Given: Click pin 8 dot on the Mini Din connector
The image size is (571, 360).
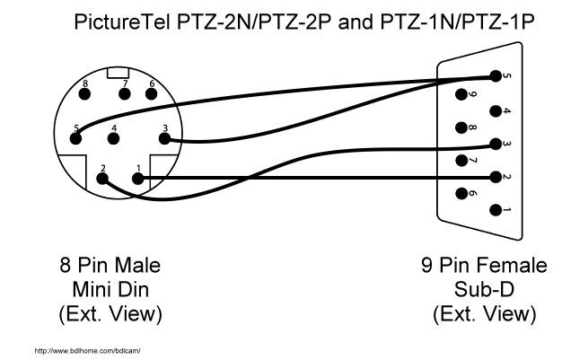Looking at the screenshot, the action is click(x=85, y=94).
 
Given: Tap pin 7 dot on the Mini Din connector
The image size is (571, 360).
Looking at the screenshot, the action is click(x=125, y=94).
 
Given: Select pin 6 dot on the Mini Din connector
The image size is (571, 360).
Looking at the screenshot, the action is click(x=151, y=94).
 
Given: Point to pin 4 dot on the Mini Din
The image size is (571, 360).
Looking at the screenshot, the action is click(x=114, y=138).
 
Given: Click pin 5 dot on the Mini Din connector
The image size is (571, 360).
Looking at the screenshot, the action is click(x=75, y=138).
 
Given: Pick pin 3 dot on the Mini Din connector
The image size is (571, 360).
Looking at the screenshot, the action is click(x=164, y=138).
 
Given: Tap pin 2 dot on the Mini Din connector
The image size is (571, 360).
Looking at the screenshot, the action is click(x=102, y=179).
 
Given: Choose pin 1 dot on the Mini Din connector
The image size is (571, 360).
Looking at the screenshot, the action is click(x=137, y=179).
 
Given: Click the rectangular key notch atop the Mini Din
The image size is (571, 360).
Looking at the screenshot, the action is click(x=118, y=73).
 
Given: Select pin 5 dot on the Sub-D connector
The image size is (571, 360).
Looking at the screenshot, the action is click(x=496, y=76).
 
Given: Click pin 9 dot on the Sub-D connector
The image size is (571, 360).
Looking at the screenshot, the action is click(x=461, y=94).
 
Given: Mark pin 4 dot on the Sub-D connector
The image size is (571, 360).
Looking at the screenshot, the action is click(x=496, y=111).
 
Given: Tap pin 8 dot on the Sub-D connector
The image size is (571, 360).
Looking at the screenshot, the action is click(x=461, y=127).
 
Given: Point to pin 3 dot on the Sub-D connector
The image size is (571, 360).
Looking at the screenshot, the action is click(x=496, y=145).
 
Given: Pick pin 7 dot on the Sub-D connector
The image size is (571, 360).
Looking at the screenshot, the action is click(x=461, y=160).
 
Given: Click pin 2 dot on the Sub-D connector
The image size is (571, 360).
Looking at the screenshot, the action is click(x=496, y=177).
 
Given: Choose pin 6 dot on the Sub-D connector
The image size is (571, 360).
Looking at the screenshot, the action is click(x=461, y=193).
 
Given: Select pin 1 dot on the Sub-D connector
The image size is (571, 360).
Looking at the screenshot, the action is click(x=496, y=210).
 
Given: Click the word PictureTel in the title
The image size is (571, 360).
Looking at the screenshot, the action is click(x=122, y=22).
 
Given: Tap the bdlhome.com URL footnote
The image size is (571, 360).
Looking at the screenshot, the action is click(x=87, y=351).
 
